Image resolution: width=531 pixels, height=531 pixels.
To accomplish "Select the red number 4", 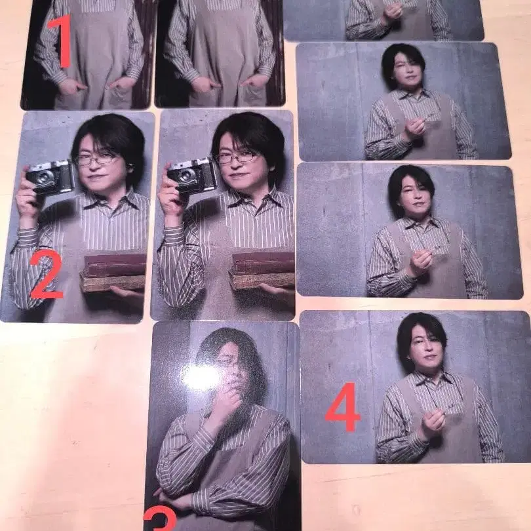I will pos(342,411).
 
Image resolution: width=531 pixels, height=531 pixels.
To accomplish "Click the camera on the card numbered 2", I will pos(50,178).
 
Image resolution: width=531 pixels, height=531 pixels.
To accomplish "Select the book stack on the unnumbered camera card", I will pos(262,270).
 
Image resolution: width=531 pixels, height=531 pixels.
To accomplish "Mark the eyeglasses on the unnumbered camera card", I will pos(236,157).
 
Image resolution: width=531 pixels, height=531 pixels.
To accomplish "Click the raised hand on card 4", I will pos(433,422).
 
